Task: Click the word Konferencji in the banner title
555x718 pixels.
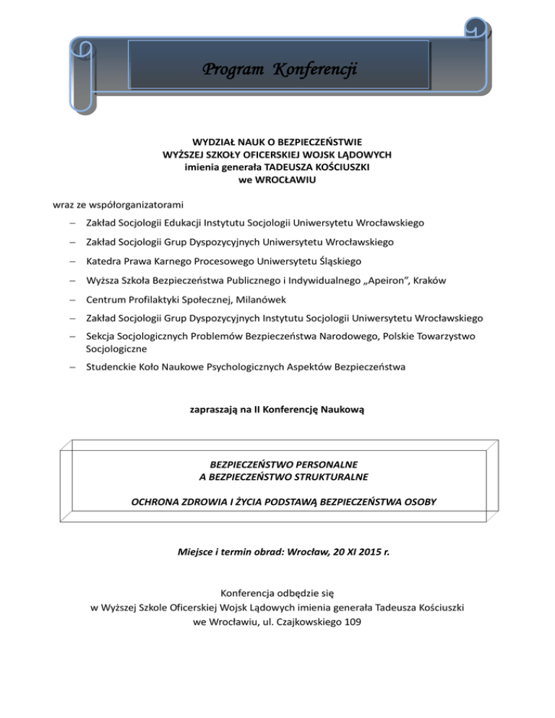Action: pos(316,69)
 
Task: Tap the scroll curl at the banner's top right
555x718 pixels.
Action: pos(477,29)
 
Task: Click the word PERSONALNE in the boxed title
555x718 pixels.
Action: pos(320,464)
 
